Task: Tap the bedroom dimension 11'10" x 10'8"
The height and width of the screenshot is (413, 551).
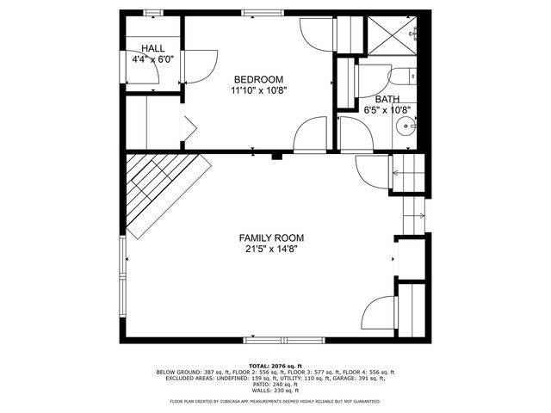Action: point(258,89)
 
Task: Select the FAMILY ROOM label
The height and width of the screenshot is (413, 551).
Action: point(271,238)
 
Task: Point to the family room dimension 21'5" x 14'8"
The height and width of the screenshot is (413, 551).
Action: point(271,250)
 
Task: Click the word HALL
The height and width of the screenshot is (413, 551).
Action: point(153,49)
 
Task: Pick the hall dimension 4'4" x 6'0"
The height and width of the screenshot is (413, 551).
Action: point(153,60)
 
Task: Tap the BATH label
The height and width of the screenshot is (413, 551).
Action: point(387,99)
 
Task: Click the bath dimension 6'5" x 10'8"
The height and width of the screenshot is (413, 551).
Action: point(387,110)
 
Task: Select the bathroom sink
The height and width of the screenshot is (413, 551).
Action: point(406,129)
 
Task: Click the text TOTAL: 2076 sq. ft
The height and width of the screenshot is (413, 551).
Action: point(275,366)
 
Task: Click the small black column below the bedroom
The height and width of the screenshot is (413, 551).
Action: point(276,156)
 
